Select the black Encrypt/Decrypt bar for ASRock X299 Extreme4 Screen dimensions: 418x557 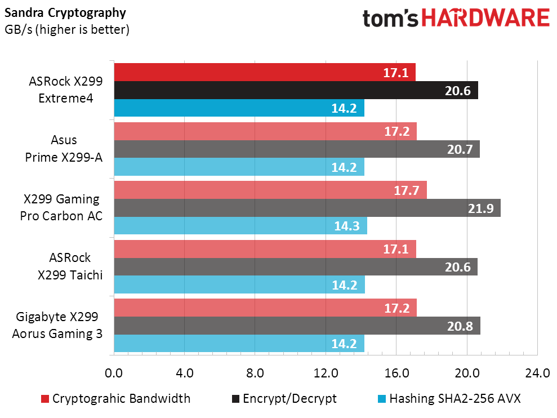296,90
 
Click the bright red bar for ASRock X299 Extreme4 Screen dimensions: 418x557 265,72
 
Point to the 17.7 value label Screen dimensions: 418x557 407,190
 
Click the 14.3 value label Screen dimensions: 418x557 347,226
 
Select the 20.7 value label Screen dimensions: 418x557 460,150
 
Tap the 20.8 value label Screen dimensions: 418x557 461,326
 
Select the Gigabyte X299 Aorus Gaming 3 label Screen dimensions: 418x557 57,325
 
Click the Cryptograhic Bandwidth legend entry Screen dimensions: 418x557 115,399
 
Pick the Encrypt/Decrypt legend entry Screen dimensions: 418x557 284,399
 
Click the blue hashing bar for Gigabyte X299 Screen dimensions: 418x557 239,344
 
